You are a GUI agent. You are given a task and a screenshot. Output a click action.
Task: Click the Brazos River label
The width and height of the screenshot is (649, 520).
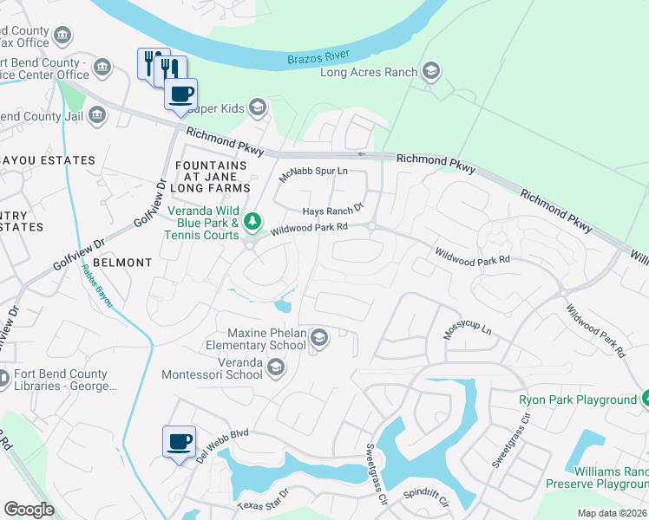point(318,57)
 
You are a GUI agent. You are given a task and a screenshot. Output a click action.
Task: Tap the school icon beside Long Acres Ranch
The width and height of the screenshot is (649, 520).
point(430,72)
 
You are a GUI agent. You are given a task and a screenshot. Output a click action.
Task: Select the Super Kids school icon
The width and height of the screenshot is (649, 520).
point(257,107)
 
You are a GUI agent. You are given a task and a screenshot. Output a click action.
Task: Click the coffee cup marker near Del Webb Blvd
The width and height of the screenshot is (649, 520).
point(180,442)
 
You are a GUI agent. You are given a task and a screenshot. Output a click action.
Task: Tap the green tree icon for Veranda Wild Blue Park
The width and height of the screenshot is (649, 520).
point(252,223)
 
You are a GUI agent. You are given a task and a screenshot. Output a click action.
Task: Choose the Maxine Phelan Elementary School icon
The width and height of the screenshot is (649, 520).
point(319,338)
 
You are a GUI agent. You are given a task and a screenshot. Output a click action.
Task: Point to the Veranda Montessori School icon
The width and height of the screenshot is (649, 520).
point(276,368)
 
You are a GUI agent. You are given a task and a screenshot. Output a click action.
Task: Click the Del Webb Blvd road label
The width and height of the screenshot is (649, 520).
point(223,445)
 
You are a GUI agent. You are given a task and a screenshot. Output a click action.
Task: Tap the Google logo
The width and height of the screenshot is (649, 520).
point(29,510)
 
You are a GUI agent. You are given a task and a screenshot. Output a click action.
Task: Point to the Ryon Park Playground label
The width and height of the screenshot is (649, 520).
point(578,400)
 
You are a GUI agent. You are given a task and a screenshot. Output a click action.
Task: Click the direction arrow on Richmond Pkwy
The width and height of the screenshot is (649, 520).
point(362,156)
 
